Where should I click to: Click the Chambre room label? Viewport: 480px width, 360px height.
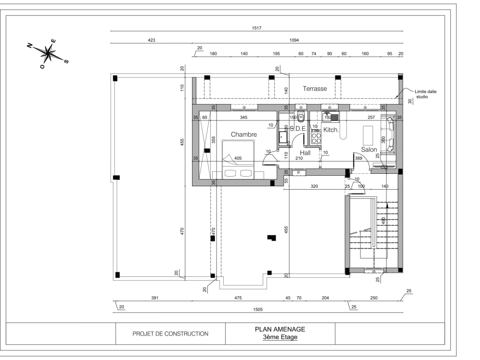tap(244, 134)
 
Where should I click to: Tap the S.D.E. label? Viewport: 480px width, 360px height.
tap(298, 129)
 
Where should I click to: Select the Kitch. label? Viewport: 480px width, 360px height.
tap(331, 130)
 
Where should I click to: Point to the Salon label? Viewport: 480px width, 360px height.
tap(369, 150)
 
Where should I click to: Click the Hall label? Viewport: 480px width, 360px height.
tap(305, 153)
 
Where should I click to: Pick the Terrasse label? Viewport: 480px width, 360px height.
tap(315, 89)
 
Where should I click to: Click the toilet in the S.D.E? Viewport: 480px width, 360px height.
tap(301, 116)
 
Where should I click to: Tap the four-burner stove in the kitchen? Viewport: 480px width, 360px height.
tap(316, 138)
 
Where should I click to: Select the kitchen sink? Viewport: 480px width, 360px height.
tap(330, 116)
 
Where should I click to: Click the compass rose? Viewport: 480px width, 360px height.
tap(48, 53)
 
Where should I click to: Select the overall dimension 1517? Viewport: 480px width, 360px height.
tap(256, 28)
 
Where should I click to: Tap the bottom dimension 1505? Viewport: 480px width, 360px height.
tap(258, 310)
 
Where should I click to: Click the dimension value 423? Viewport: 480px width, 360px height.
tap(151, 41)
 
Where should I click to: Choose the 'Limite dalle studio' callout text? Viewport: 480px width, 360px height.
tap(426, 94)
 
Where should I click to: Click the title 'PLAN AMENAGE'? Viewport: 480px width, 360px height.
tap(280, 329)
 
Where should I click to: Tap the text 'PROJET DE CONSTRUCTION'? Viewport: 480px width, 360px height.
tap(170, 334)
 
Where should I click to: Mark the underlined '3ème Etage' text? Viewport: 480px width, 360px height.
tap(280, 337)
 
